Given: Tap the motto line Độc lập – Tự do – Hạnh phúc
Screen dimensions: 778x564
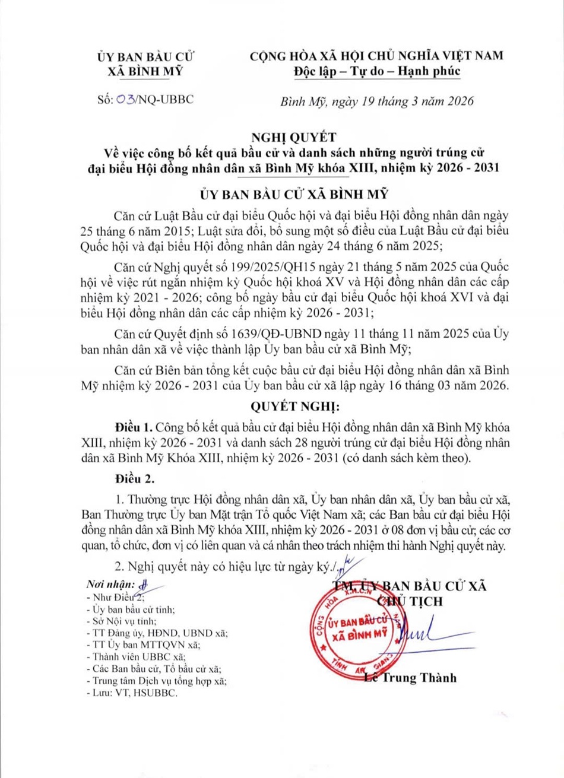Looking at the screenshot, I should point(377,71).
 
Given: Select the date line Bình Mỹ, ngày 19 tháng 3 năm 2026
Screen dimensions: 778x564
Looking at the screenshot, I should point(377,100).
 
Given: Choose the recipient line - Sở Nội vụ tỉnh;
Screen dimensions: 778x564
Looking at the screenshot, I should point(121,621).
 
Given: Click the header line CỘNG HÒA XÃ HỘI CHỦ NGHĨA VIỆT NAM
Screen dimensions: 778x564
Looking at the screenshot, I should point(377,56).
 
